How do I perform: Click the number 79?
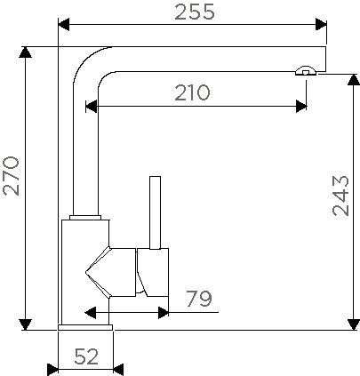(199, 300)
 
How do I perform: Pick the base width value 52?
(85, 356)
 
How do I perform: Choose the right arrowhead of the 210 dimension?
(301, 106)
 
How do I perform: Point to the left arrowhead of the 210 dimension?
(90, 106)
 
